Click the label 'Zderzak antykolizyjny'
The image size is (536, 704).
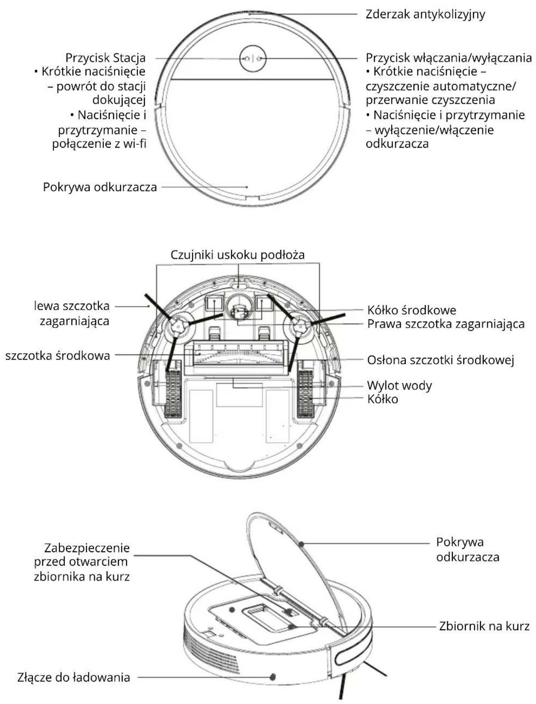click(x=425, y=14)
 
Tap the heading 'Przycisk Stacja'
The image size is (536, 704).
click(x=105, y=58)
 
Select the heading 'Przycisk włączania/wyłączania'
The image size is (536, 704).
click(x=449, y=58)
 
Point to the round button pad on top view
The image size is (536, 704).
click(x=253, y=58)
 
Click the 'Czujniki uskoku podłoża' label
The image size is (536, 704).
click(x=237, y=255)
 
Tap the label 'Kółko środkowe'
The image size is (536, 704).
click(x=411, y=310)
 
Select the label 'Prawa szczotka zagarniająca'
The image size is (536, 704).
click(x=446, y=324)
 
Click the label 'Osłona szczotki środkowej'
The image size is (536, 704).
click(x=441, y=360)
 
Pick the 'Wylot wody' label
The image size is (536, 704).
click(x=399, y=385)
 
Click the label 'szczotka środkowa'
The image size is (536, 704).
click(x=58, y=356)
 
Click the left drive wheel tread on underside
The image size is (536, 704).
click(x=173, y=394)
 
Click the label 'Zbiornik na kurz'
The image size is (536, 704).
click(x=484, y=626)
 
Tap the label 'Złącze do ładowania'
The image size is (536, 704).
click(x=73, y=677)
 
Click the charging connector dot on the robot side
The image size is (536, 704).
click(x=273, y=677)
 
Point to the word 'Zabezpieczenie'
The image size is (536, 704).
click(x=87, y=548)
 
